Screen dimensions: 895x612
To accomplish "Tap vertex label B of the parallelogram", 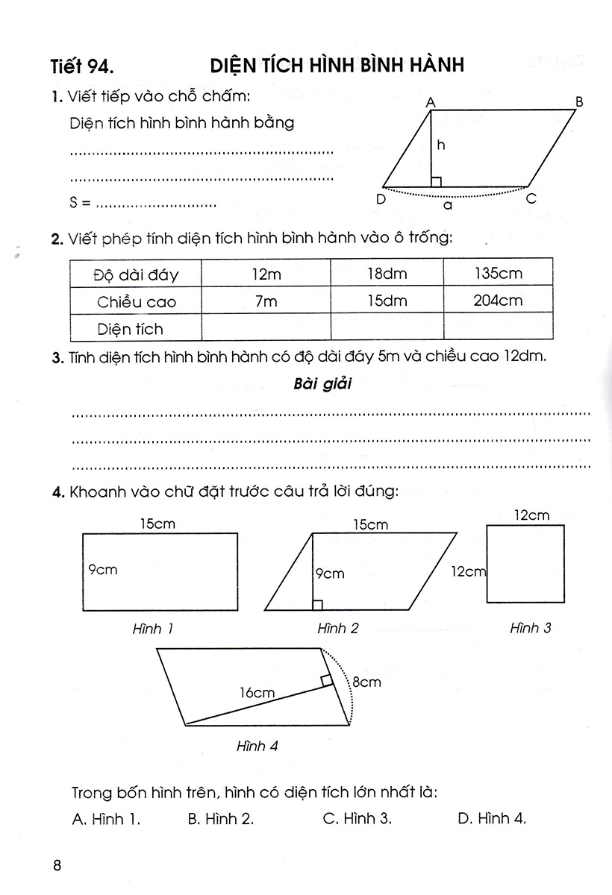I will tap(579, 101).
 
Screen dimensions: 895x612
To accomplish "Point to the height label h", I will tap(441, 146).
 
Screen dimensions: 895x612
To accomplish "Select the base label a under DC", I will tap(448, 204).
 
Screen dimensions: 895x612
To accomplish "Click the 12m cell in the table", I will tap(266, 274).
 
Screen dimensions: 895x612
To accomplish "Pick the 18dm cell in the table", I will tap(387, 274).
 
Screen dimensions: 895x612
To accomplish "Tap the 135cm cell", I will tap(498, 274).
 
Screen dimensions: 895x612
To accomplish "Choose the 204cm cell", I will tap(498, 301).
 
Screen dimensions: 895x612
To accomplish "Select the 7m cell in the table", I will tap(266, 301).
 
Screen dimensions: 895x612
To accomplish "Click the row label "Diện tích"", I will tap(130, 328).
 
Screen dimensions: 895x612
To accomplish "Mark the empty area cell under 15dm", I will tap(387, 327).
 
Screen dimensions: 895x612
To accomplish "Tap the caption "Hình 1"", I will tap(153, 629).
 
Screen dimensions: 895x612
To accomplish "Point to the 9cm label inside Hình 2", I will tap(329, 574).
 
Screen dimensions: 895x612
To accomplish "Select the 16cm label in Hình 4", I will tap(257, 693).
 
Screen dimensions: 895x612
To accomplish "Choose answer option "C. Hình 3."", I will tap(357, 818).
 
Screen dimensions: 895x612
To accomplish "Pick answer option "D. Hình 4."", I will tap(492, 818).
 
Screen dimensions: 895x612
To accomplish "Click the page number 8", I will tap(57, 866).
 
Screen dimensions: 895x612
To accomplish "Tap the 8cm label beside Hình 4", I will tap(366, 682).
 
